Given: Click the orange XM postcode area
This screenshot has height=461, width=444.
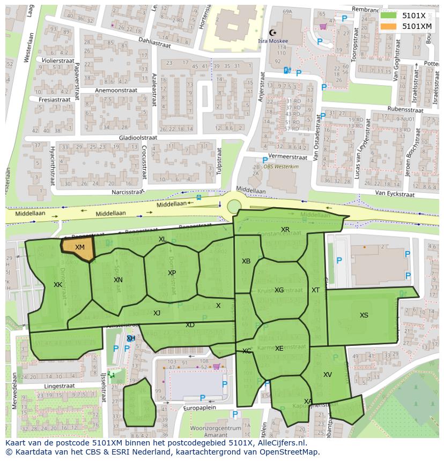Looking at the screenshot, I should pyautogui.click(x=78, y=248).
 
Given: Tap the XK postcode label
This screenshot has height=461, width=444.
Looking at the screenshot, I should pyautogui.click(x=58, y=285).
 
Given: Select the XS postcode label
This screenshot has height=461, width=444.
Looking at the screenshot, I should pyautogui.click(x=364, y=315).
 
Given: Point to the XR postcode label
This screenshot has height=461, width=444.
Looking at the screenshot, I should pyautogui.click(x=285, y=230).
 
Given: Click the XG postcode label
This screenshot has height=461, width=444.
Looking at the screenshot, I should pyautogui.click(x=279, y=290).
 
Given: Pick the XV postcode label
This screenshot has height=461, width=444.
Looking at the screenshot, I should pyautogui.click(x=328, y=375).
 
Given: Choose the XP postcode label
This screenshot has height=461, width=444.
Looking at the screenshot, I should pyautogui.click(x=172, y=273).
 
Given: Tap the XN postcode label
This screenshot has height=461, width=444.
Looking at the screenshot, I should pyautogui.click(x=118, y=279).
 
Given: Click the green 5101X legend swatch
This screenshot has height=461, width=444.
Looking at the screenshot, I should pyautogui.click(x=388, y=16).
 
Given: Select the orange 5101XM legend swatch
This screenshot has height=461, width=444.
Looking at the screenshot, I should pyautogui.click(x=388, y=26).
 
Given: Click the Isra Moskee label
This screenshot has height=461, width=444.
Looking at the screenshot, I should pyautogui.click(x=273, y=41).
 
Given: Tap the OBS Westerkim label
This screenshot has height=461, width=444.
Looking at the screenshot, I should pyautogui.click(x=282, y=167).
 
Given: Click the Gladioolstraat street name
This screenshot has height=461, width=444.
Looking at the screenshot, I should pyautogui.click(x=135, y=138).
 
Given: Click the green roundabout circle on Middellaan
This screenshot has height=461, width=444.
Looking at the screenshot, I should pyautogui.click(x=234, y=206).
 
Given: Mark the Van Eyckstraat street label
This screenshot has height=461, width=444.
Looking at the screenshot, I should pyautogui.click(x=396, y=193).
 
